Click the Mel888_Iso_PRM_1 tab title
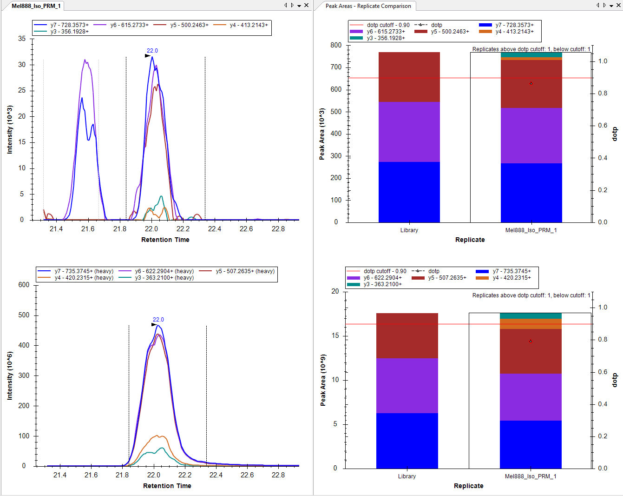pyautogui.click(x=36, y=6)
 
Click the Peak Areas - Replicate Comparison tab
pyautogui.click(x=368, y=6)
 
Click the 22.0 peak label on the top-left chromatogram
pyautogui.click(x=152, y=51)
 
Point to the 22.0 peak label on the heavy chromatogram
pyautogui.click(x=158, y=320)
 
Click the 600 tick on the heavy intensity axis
pyautogui.click(x=24, y=285)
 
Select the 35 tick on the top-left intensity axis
pyautogui.click(x=22, y=39)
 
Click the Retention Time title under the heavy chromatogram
pyautogui.click(x=167, y=486)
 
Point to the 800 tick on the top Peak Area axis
pyautogui.click(x=336, y=45)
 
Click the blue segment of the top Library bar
pyautogui.click(x=409, y=192)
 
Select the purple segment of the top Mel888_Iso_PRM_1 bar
pyautogui.click(x=531, y=135)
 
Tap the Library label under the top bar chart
pyautogui.click(x=409, y=230)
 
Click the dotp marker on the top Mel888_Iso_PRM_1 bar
pyautogui.click(x=531, y=83)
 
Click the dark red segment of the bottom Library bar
pyautogui.click(x=407, y=335)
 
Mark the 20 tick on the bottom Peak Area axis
pyautogui.click(x=335, y=291)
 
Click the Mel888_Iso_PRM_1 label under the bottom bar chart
pyautogui.click(x=531, y=476)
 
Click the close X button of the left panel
pyautogui.click(x=307, y=6)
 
